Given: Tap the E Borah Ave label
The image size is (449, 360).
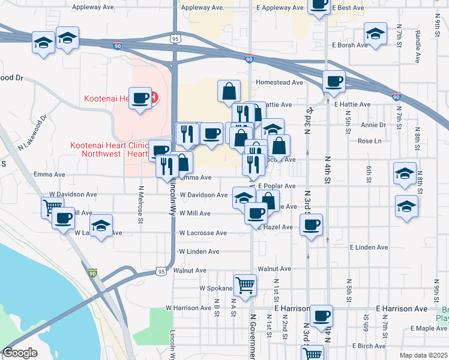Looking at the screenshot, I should (349, 45).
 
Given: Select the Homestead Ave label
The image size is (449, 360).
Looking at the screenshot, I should (273, 82).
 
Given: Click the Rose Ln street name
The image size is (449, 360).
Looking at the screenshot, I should (369, 141).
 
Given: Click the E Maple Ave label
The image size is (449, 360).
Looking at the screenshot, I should (429, 328).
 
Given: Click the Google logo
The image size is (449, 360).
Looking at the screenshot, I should (20, 353).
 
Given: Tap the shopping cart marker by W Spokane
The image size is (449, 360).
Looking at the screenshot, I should (245, 286).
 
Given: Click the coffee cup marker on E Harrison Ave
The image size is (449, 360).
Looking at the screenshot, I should (321, 314).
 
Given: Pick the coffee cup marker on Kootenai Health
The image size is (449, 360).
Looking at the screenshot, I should (140, 98).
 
